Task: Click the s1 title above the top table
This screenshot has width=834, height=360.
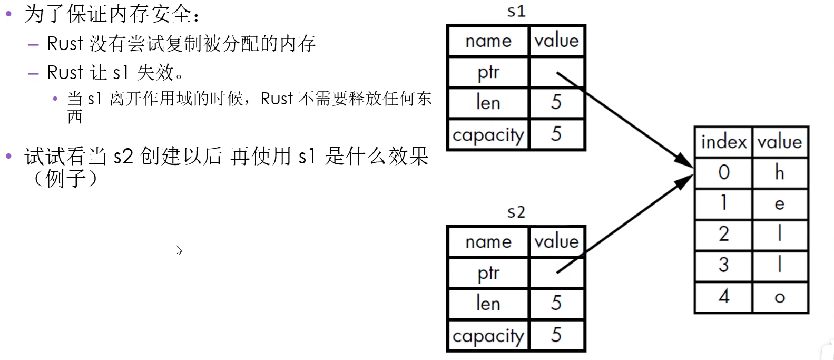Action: point(516,11)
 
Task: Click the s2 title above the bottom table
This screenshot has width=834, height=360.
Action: point(516,212)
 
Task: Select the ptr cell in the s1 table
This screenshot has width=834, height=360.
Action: point(488,72)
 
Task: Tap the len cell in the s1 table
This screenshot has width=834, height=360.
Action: point(488,103)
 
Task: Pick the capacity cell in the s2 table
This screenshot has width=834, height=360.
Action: point(488,335)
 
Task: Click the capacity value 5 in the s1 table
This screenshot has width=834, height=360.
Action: point(556,134)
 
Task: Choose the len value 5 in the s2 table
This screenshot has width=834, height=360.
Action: point(556,303)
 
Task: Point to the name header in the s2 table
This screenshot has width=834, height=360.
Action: point(488,242)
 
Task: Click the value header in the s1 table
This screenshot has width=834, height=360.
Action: point(557,41)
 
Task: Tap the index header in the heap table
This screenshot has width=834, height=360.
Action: point(724,142)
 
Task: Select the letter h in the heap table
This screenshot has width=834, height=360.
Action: point(780,172)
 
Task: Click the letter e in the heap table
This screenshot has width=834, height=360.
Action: point(780,204)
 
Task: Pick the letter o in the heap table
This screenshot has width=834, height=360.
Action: point(780,298)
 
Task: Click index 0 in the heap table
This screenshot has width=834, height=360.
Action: point(724,172)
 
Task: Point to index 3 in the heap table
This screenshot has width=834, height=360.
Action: point(724,265)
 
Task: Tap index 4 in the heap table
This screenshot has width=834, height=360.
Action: point(724,297)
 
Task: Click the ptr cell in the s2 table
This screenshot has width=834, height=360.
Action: point(488,273)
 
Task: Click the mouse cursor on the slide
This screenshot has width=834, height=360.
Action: point(179,250)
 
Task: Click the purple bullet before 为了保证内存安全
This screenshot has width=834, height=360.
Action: point(8,14)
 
